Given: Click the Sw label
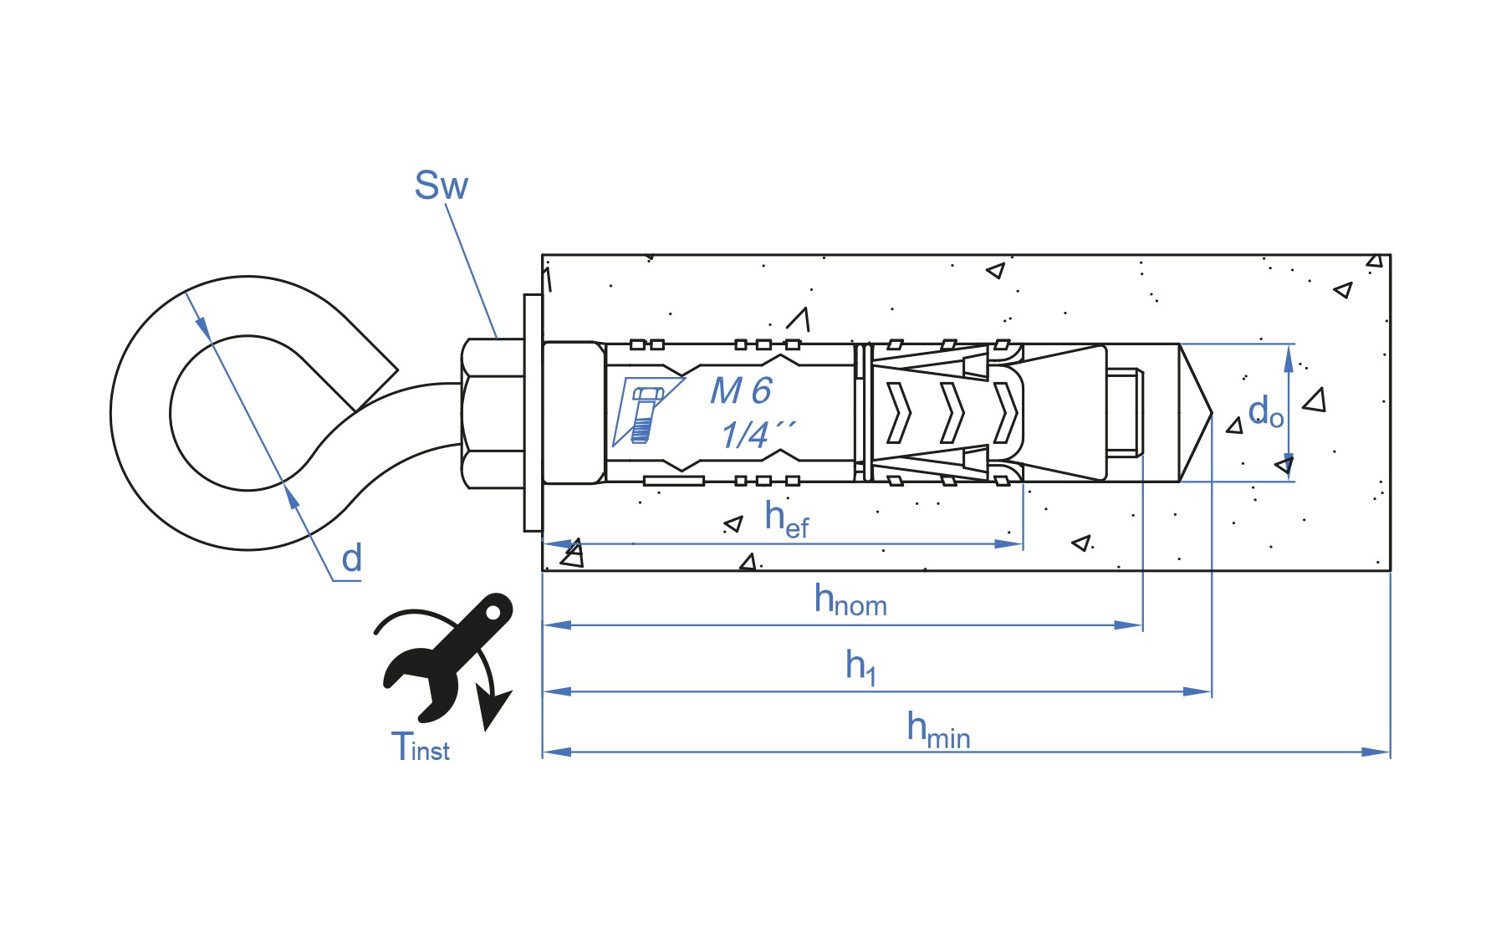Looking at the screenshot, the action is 441,185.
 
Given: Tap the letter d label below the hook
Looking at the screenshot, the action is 351,558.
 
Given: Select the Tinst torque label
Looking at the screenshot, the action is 420,747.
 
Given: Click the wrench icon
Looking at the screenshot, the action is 447,657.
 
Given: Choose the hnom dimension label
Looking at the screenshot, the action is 850,599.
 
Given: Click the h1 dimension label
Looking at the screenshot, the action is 860,666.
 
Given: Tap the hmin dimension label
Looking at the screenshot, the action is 938,730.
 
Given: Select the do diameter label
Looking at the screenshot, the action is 1265,412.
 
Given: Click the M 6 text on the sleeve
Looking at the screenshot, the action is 741,390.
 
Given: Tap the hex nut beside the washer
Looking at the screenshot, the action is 493,413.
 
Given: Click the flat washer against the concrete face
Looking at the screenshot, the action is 533,412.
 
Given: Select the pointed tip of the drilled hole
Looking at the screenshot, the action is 1212,413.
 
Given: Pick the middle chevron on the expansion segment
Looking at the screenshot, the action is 952,413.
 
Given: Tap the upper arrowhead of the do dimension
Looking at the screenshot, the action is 1289,358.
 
